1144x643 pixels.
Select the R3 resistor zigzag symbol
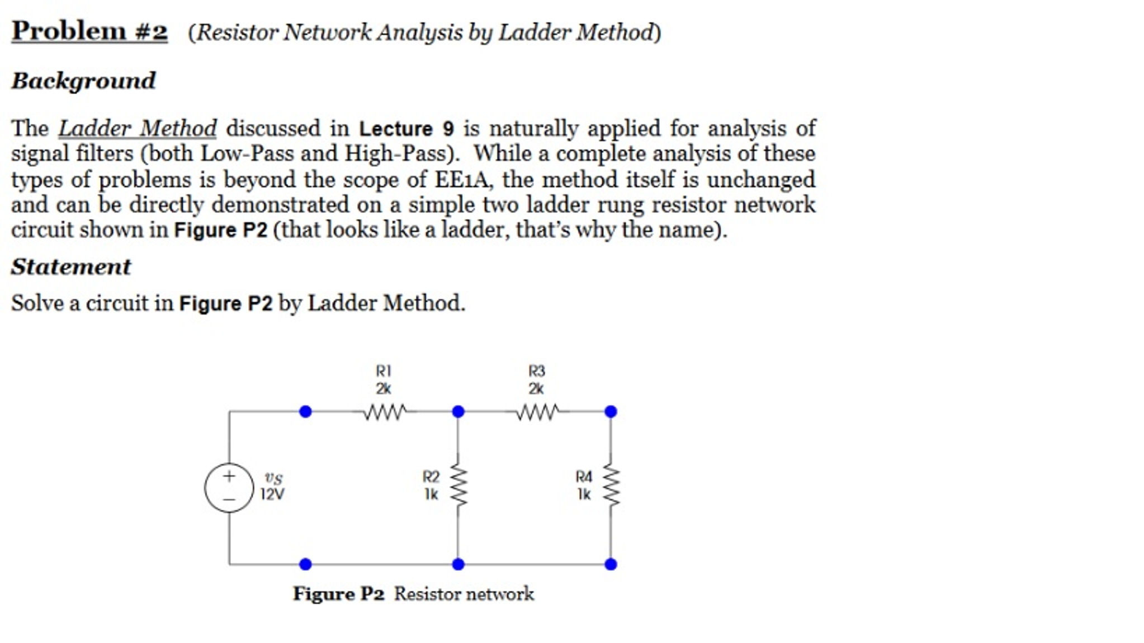[x=536, y=412]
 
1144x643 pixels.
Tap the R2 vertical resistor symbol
[x=458, y=486]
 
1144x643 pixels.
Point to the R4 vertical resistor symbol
[x=611, y=486]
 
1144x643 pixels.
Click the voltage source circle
[x=229, y=487]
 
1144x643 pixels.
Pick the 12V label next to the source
[x=272, y=495]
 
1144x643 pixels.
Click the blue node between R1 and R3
[x=458, y=412]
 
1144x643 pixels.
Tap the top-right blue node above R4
[x=611, y=412]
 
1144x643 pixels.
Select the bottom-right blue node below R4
[x=611, y=564]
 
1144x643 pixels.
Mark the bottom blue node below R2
[x=458, y=564]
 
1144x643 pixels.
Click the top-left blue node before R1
[x=305, y=412]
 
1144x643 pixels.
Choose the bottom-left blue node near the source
[x=305, y=564]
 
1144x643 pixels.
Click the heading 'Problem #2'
[x=89, y=31]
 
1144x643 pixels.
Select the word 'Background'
[x=83, y=81]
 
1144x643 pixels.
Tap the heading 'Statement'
[x=71, y=266]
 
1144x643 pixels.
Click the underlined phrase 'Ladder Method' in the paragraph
[x=138, y=129]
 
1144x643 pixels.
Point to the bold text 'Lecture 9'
[x=406, y=129]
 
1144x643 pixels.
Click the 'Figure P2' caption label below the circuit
[x=339, y=594]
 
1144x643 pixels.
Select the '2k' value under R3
[x=536, y=388]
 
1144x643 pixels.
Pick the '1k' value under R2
[x=431, y=494]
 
